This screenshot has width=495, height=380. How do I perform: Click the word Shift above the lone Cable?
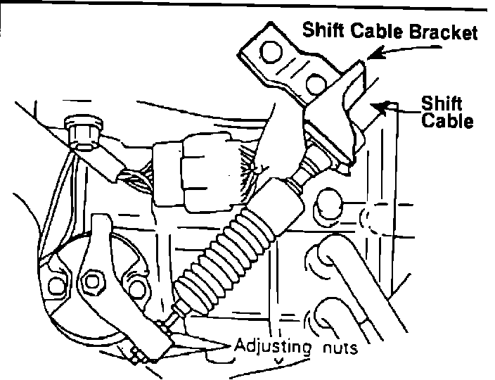437,103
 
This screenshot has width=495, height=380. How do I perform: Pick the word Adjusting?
273,347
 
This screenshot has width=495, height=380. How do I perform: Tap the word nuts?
341,348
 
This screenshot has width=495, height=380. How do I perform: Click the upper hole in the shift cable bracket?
269,50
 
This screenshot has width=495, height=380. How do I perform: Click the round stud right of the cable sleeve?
330,202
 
